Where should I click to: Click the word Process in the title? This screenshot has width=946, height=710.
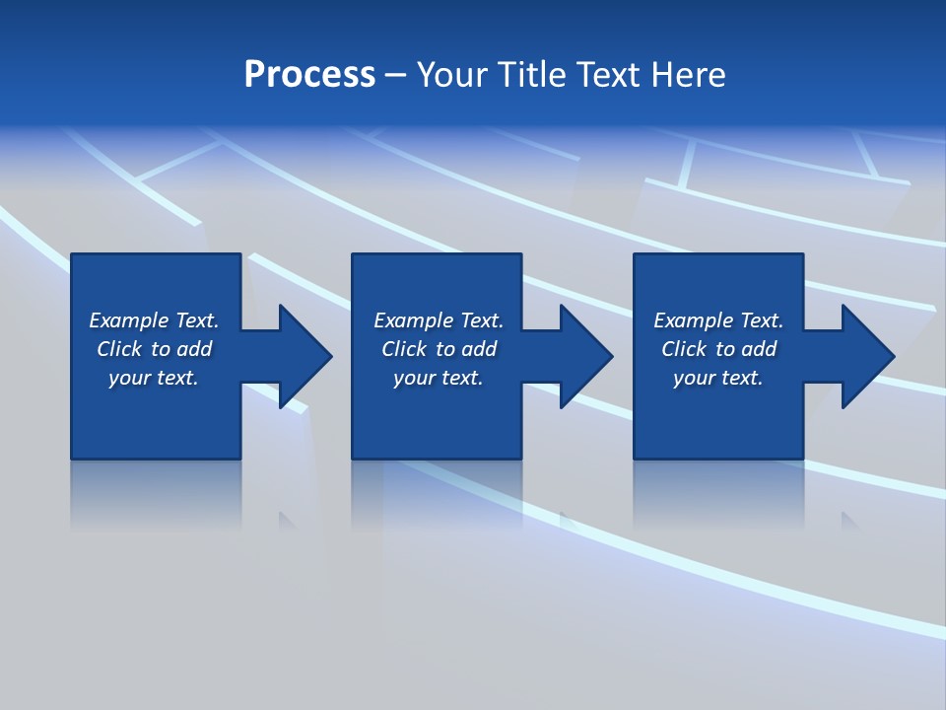click(309, 75)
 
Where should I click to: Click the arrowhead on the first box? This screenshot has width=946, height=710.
click(304, 356)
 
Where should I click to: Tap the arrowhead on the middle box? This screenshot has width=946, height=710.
click(585, 356)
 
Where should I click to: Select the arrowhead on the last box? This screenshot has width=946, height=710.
click(867, 356)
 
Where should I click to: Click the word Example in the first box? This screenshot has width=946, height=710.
click(129, 320)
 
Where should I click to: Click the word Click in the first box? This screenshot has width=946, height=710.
click(119, 349)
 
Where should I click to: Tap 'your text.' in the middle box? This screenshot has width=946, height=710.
click(438, 378)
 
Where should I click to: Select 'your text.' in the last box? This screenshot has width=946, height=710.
click(717, 378)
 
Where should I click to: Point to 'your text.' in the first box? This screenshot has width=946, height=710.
click(153, 378)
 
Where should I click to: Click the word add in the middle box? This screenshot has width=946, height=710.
click(479, 349)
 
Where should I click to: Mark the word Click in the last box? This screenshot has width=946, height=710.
click(684, 349)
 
